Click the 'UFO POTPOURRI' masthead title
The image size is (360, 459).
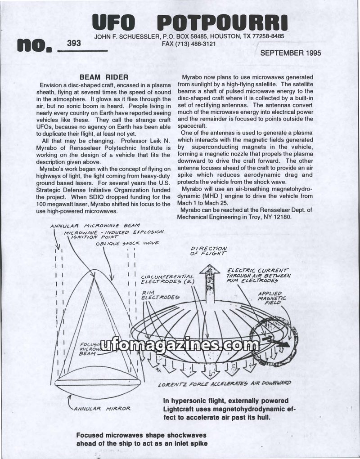pyautogui.click(x=189, y=22)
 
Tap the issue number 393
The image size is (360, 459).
pyautogui.click(x=74, y=43)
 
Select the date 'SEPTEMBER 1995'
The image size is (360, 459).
pyautogui.click(x=290, y=53)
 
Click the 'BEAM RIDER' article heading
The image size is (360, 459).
pyautogui.click(x=104, y=77)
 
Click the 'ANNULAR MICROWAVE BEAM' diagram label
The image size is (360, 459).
pyautogui.click(x=95, y=225)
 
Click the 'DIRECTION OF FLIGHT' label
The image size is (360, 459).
pyautogui.click(x=208, y=251)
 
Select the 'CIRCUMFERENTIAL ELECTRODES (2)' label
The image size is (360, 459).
pyautogui.click(x=167, y=279)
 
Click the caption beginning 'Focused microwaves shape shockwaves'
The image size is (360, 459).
pyautogui.click(x=141, y=439)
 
